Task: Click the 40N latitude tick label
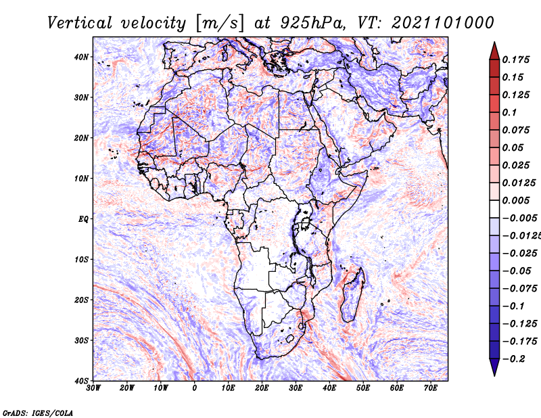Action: (x=81, y=57)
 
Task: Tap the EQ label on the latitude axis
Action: (x=83, y=218)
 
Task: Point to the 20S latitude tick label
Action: (x=81, y=300)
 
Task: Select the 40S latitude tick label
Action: (x=81, y=380)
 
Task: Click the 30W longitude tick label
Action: (x=93, y=388)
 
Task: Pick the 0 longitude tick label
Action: (x=195, y=388)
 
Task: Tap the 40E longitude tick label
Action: (x=329, y=388)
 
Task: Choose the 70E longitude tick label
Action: (x=431, y=388)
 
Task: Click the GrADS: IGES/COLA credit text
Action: (x=38, y=412)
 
